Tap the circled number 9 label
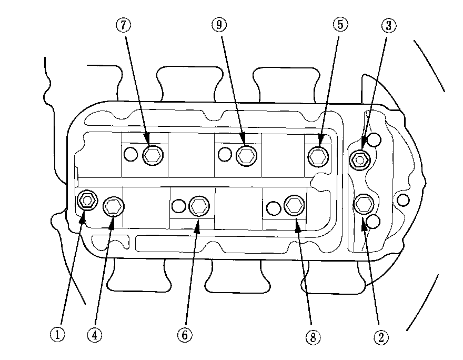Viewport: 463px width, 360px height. pyautogui.click(x=218, y=24)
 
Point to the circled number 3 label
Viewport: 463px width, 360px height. pyautogui.click(x=388, y=25)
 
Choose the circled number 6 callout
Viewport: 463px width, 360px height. pyautogui.click(x=185, y=335)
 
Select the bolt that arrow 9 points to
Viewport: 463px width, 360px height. pyautogui.click(x=245, y=154)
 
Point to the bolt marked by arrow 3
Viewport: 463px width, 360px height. pyautogui.click(x=359, y=159)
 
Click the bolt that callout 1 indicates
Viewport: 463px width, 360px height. pyautogui.click(x=86, y=200)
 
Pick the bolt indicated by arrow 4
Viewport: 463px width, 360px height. pyautogui.click(x=113, y=207)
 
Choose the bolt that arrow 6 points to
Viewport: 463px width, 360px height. pyautogui.click(x=198, y=206)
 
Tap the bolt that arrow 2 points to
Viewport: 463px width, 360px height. pyautogui.click(x=364, y=203)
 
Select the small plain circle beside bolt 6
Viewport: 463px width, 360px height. pyautogui.click(x=179, y=206)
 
